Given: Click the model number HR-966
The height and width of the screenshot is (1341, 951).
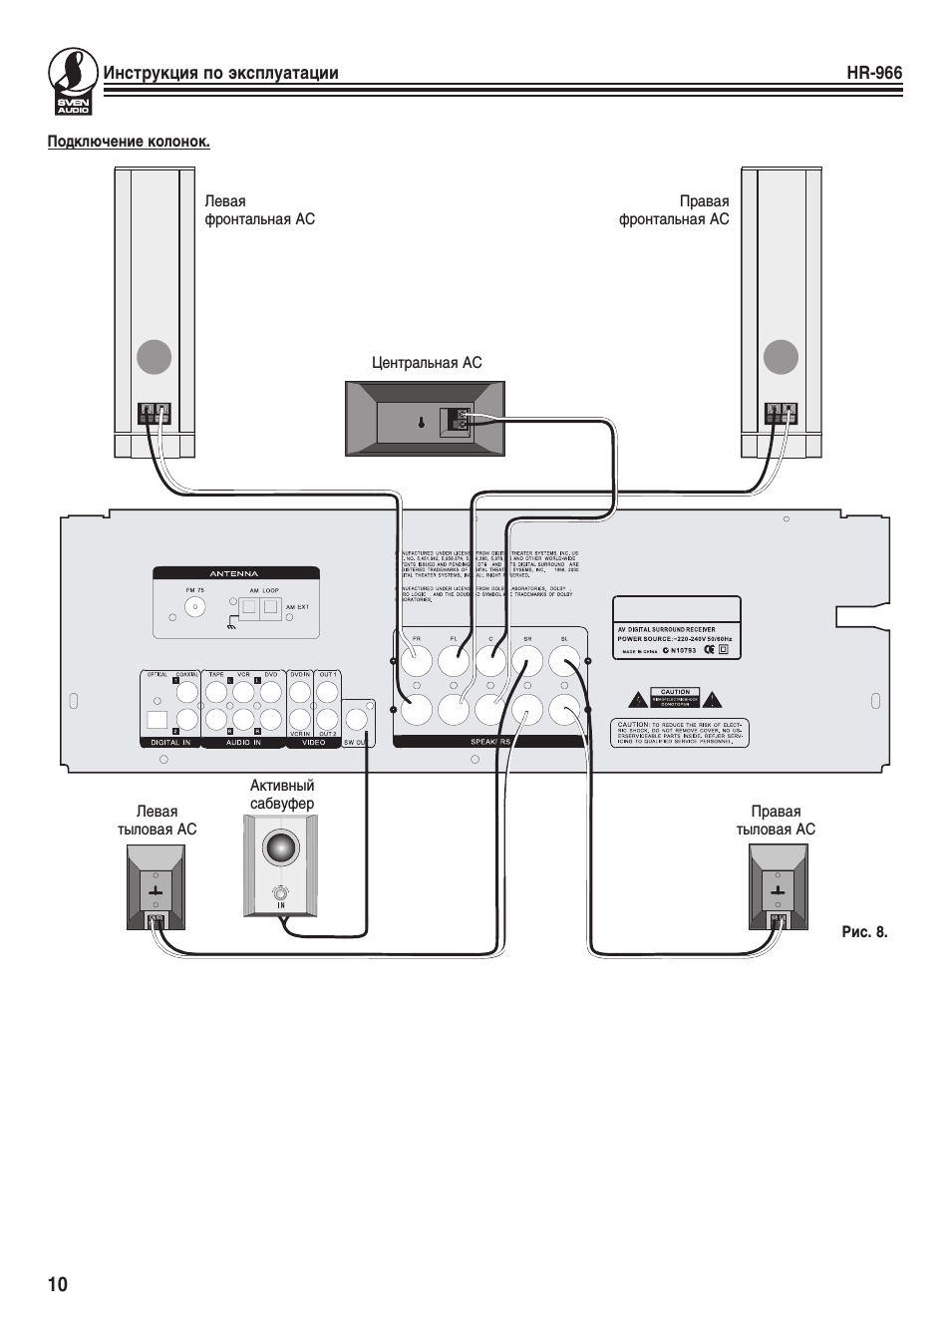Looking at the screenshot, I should [873, 73].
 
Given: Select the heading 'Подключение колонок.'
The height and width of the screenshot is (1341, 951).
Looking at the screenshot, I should [129, 142].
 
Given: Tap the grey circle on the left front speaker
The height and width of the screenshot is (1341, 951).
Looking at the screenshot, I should [154, 357].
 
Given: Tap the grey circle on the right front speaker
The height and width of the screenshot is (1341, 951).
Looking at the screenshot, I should [781, 357].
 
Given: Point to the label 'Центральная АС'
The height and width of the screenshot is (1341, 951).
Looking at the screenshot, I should [426, 363].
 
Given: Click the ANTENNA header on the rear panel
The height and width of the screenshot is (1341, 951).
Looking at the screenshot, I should [235, 573].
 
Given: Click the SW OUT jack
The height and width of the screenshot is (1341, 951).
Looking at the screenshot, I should [359, 719].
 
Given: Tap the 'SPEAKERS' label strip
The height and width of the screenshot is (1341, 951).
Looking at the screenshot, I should [489, 742].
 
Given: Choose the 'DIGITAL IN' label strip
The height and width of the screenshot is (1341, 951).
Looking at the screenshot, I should [169, 742].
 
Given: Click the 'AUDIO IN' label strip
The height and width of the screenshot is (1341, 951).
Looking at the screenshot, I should [243, 742].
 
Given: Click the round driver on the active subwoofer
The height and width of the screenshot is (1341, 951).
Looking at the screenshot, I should [280, 848].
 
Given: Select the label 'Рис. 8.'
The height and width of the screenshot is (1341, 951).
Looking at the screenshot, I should [863, 932].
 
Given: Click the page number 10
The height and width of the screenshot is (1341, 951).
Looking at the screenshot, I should [58, 1284].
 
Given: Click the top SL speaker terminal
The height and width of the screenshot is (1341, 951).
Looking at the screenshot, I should [564, 661].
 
